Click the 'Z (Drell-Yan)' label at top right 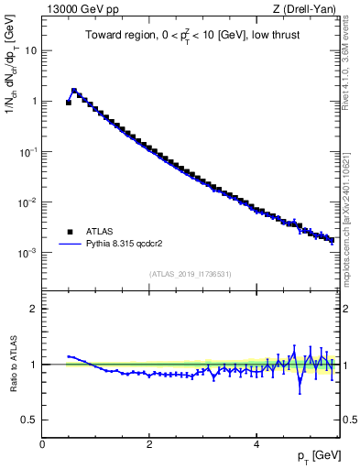(x=309, y=9)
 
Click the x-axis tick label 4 (x=256, y=444)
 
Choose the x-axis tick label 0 (x=42, y=444)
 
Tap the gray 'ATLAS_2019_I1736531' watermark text (x=190, y=274)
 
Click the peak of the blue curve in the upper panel (x=74, y=91)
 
